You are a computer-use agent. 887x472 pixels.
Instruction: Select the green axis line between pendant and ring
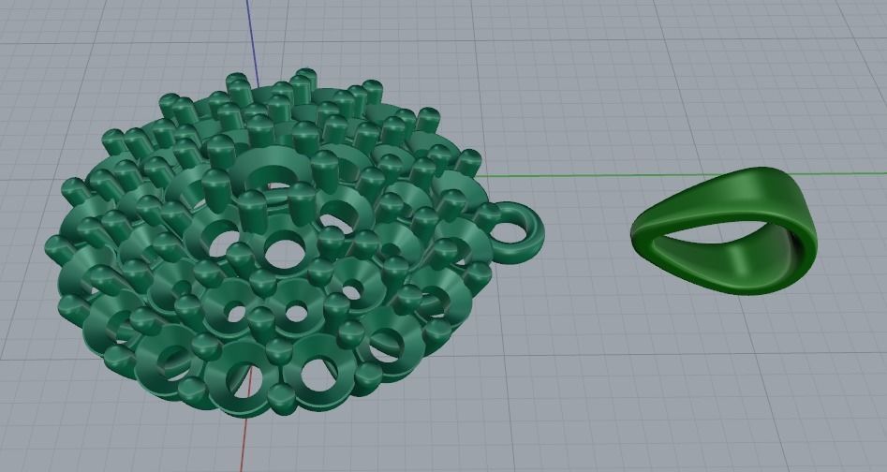pyautogui.click(x=562, y=174)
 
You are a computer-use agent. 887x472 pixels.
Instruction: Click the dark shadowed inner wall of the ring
pyautogui.click(x=796, y=248)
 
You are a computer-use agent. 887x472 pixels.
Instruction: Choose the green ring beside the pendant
pyautogui.click(x=726, y=229)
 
